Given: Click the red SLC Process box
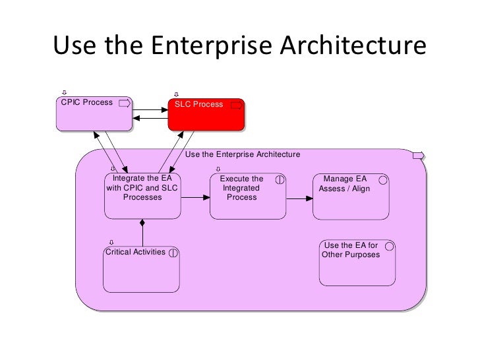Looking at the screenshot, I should [x=206, y=115].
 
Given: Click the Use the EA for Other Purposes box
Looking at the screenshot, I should [x=357, y=262].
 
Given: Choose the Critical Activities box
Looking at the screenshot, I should [x=142, y=269].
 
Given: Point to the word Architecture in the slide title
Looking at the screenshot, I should [x=352, y=45].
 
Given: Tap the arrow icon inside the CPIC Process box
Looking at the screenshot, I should [x=124, y=104].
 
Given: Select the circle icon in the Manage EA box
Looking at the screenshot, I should [x=383, y=179].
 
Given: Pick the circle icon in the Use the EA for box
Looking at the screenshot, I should [x=389, y=246].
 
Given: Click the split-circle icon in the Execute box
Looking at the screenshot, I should [x=279, y=179].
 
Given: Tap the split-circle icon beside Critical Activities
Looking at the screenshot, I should [x=173, y=252].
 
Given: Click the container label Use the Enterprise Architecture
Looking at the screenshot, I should [x=242, y=154].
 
